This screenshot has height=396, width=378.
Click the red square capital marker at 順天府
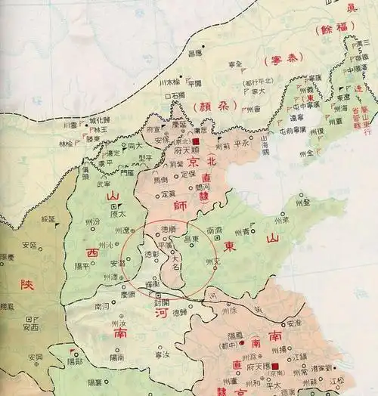click(194, 141)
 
